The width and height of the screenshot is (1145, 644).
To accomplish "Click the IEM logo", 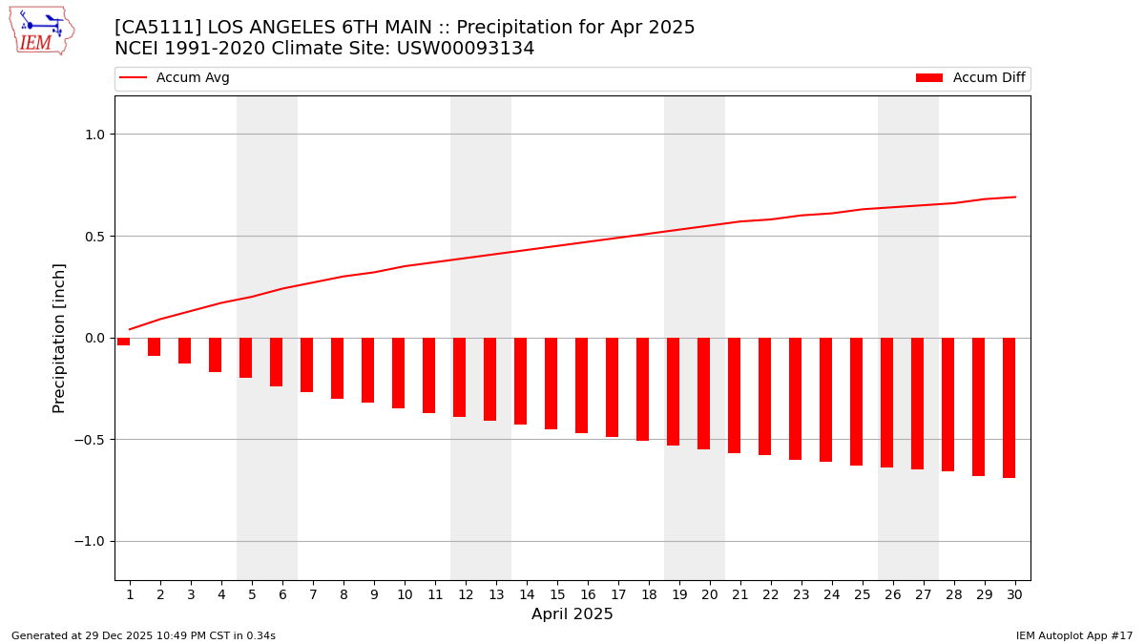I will (x=41, y=31).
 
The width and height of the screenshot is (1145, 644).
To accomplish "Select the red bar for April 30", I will (x=1009, y=407).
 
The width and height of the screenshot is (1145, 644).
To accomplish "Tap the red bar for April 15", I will (x=551, y=384).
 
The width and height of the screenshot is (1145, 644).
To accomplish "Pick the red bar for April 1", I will (x=124, y=342).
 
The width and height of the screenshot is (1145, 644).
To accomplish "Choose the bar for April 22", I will (x=764, y=396).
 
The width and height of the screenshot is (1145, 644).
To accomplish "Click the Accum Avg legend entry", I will (x=175, y=78).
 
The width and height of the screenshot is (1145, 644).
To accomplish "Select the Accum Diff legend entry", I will (x=970, y=78).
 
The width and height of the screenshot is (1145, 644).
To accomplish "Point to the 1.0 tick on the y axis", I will (x=94, y=135).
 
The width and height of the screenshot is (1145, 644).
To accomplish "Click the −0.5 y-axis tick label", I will (x=89, y=440).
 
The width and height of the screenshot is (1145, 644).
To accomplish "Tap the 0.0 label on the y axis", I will (x=94, y=338).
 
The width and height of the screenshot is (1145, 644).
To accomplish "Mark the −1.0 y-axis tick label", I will (x=89, y=541).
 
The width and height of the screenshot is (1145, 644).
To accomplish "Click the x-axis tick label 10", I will (x=405, y=594).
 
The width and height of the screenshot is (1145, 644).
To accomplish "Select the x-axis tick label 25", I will (x=863, y=594).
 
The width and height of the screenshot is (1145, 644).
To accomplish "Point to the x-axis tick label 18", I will (x=649, y=594).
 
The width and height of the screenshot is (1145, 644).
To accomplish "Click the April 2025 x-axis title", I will (x=572, y=614).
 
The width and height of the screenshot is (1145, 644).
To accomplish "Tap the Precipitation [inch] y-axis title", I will (x=59, y=338).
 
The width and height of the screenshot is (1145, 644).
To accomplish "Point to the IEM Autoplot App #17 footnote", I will (x=1074, y=635).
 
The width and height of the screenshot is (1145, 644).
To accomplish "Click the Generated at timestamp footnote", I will (x=143, y=635).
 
